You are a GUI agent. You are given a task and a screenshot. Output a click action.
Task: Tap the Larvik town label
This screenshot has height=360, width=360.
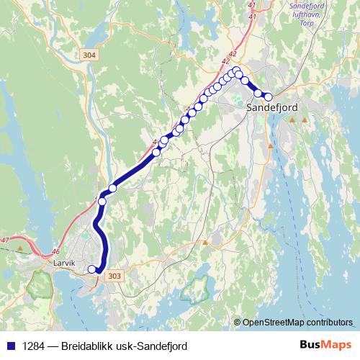point(64,264)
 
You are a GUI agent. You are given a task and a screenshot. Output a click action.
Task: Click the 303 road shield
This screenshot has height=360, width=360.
point(113,276)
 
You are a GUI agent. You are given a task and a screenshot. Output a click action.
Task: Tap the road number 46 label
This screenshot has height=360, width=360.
point(56,251)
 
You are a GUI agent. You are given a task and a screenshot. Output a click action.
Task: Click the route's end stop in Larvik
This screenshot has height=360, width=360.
point(91,269)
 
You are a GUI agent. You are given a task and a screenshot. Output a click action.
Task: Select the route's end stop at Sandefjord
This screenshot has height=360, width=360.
point(269,96)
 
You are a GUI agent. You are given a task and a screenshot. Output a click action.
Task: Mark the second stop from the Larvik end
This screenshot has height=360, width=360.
point(102,202)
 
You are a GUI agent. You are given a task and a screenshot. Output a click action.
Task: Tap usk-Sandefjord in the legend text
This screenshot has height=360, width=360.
point(152,346)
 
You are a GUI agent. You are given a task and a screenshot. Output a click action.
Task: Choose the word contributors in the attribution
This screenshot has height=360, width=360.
point(330,323)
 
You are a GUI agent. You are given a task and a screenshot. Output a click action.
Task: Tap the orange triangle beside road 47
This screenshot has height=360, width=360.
point(20,249)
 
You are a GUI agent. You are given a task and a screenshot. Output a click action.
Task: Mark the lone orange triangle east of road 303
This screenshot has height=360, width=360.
point(205,243)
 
